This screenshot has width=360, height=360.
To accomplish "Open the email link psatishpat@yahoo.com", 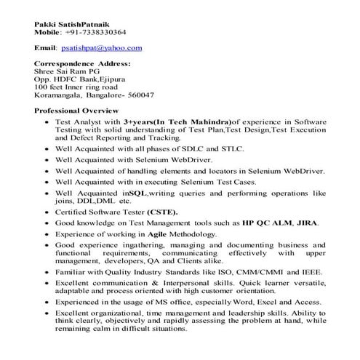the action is (101, 48).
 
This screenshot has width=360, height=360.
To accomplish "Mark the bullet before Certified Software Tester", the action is (47, 212).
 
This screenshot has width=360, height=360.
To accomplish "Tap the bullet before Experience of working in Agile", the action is (47, 235).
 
